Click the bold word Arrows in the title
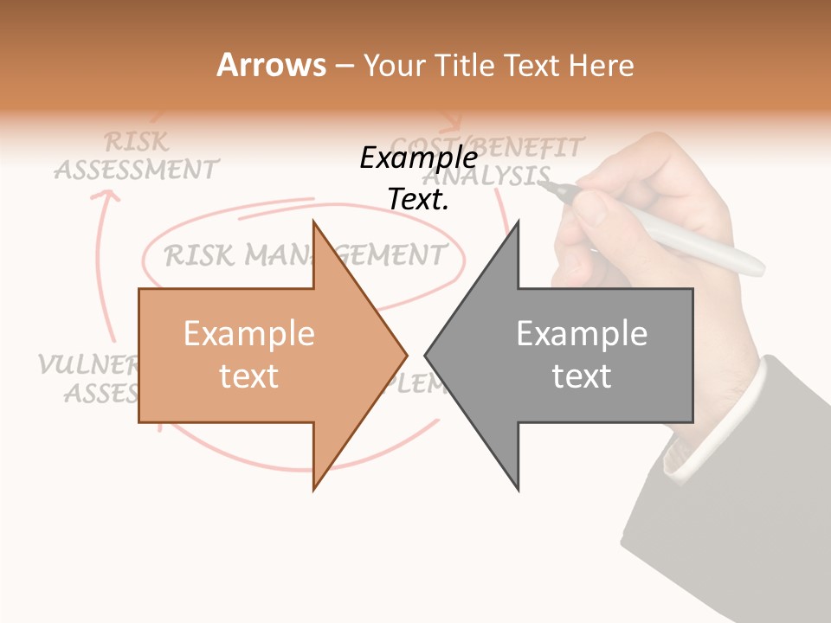click(271, 65)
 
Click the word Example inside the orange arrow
click(248, 333)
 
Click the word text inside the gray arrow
click(582, 376)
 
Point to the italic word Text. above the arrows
click(418, 199)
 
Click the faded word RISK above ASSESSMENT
click(136, 141)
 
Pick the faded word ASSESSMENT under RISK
click(136, 169)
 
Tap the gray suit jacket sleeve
click(744, 519)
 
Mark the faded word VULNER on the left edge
click(87, 364)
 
